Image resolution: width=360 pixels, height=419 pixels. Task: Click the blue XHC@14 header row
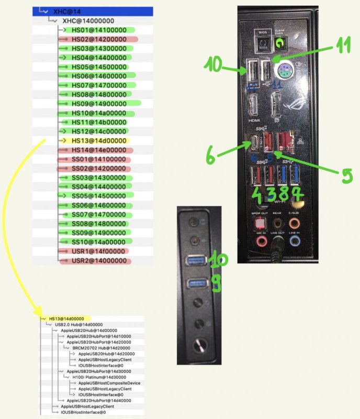[92, 10]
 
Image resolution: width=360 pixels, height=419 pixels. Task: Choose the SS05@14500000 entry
[99, 196]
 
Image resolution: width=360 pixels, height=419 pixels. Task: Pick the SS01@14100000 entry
[98, 159]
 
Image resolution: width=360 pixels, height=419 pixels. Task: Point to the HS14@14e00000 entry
[98, 150]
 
